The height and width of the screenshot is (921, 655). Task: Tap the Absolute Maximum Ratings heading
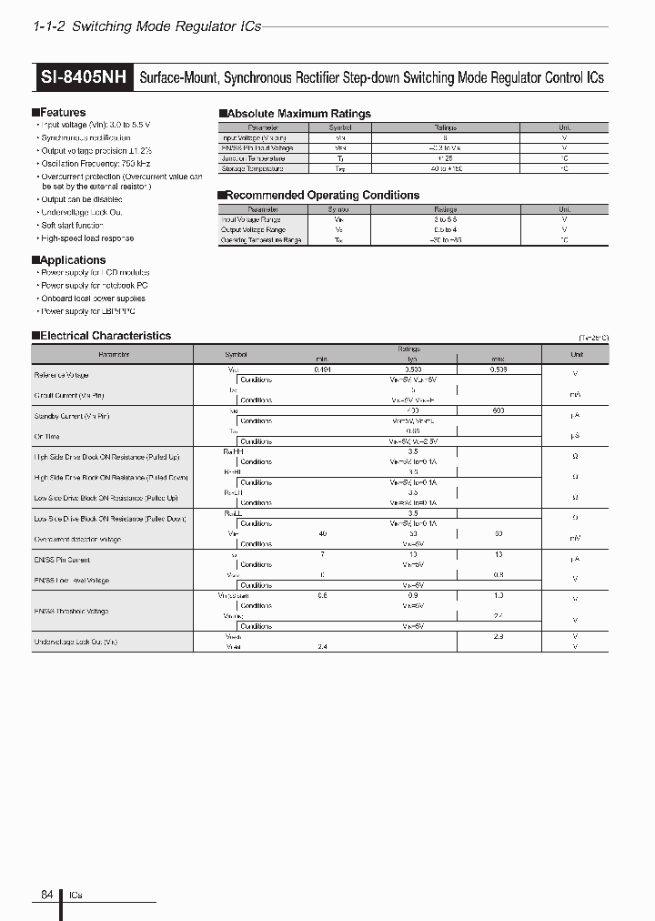297,114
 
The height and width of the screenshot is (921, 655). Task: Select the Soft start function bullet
72,225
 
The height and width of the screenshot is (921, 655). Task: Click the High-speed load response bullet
86,238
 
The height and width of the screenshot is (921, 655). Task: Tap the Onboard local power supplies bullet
93,299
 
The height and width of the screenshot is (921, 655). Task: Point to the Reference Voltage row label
62,375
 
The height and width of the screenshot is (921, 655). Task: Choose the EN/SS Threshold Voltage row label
72,611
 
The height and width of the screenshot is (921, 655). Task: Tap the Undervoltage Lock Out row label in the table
76,642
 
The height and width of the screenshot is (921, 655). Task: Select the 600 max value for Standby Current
498,411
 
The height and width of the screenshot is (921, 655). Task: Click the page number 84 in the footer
47,895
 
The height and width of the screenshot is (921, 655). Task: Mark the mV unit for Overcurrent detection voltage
575,539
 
